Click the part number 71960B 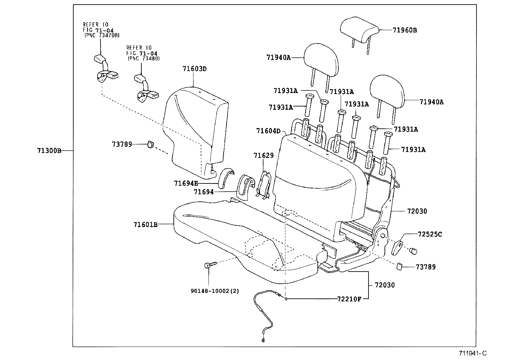pos(405,30)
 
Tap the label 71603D pos(195,69)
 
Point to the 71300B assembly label pos(49,151)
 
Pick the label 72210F pos(349,299)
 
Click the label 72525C pos(430,234)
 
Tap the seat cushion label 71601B pos(146,224)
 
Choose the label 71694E pos(186,183)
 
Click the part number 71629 pos(263,155)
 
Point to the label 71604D pos(268,131)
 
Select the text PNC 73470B pos(101,35)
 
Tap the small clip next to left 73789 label pos(151,144)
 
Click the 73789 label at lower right pos(426,267)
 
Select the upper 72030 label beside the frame pos(417,211)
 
